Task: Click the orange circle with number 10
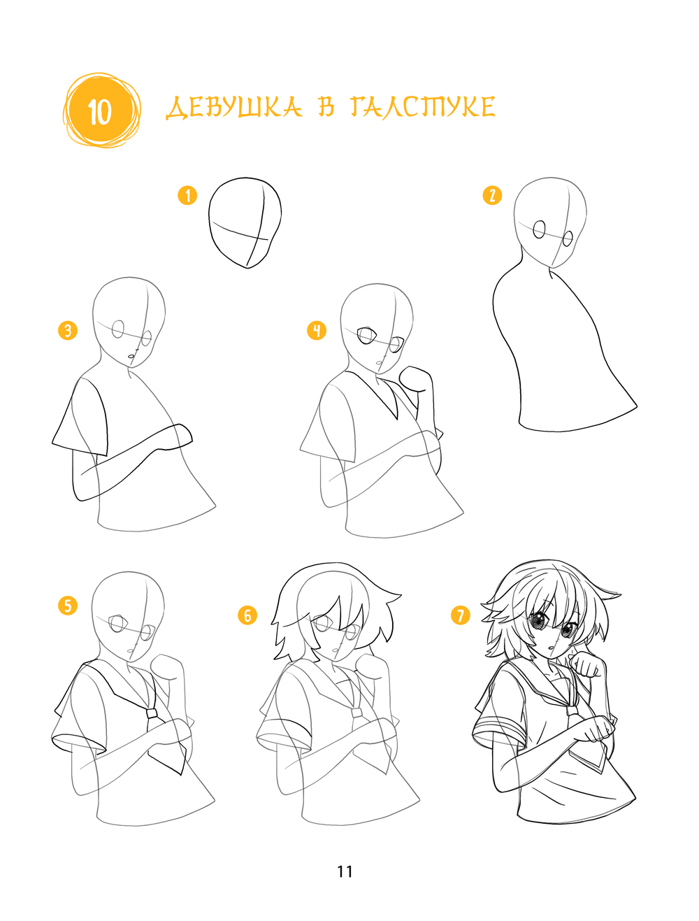coord(101,110)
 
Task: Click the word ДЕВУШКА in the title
coord(233,108)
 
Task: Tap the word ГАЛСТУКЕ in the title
coord(423,107)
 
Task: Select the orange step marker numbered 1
coord(187,195)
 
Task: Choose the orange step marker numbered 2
coord(492,195)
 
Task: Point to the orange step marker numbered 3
coord(68,330)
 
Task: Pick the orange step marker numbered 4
coord(316,330)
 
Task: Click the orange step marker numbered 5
coord(68,606)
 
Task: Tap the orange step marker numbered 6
coord(247,615)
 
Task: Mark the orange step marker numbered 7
coord(460,615)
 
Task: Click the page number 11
coord(345,872)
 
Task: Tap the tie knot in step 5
coord(152,712)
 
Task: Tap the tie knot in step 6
coord(356,712)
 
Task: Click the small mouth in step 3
coord(131,356)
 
